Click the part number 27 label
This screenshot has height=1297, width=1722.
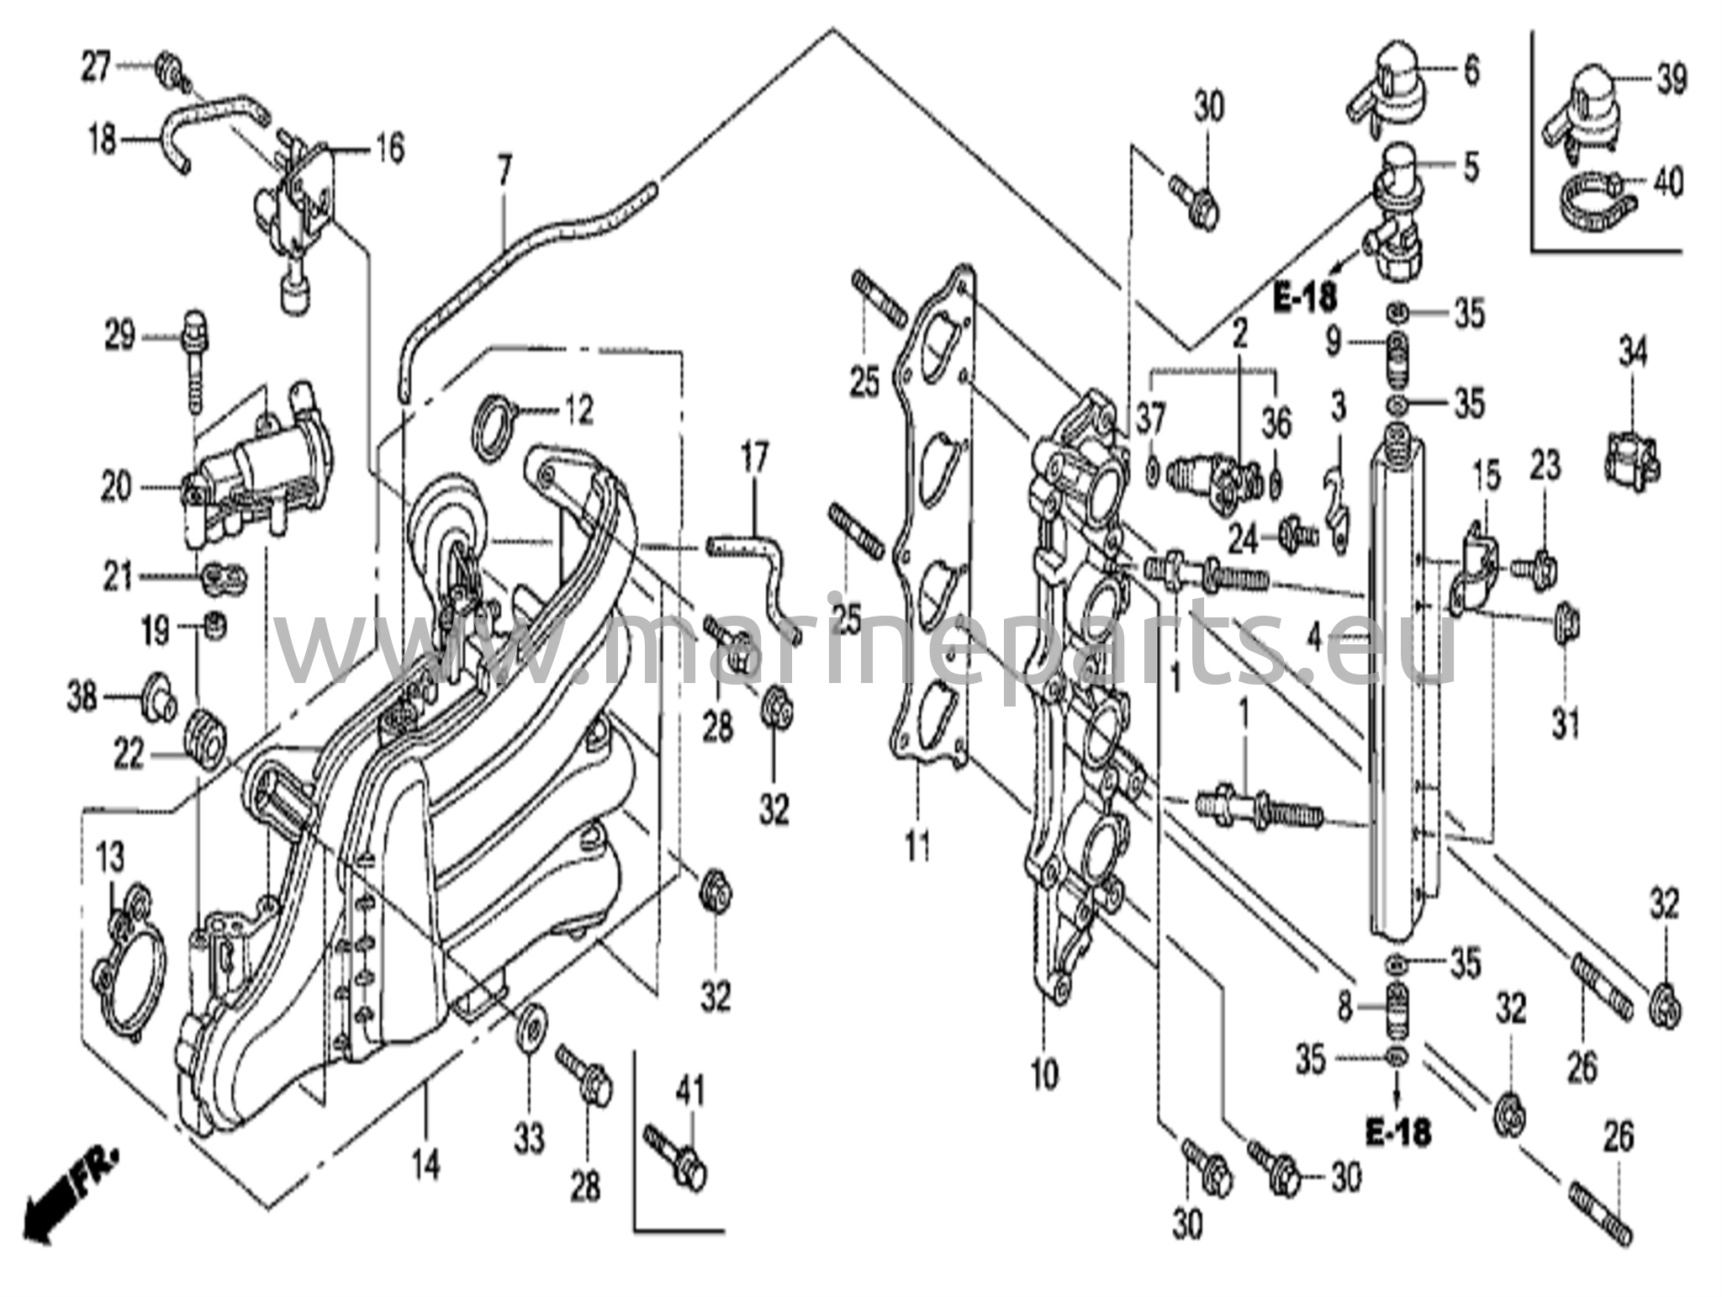(95, 66)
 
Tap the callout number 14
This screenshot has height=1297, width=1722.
(426, 1165)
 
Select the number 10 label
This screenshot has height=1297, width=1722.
(1044, 1074)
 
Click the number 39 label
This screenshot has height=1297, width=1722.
(1672, 80)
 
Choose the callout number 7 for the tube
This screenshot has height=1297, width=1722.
(504, 172)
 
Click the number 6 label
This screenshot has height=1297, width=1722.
(1471, 70)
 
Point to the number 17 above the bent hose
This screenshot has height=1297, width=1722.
(754, 459)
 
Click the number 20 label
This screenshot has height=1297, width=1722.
(116, 486)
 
